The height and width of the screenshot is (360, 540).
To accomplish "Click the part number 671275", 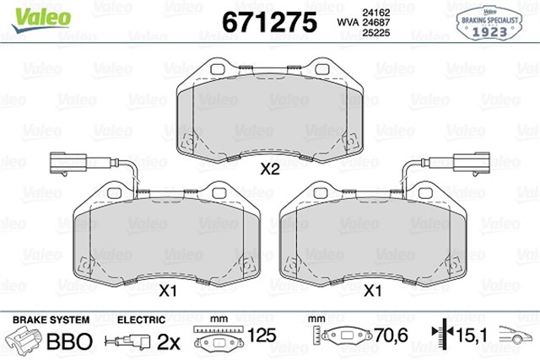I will (269, 22).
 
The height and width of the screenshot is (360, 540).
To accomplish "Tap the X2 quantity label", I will (269, 169).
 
